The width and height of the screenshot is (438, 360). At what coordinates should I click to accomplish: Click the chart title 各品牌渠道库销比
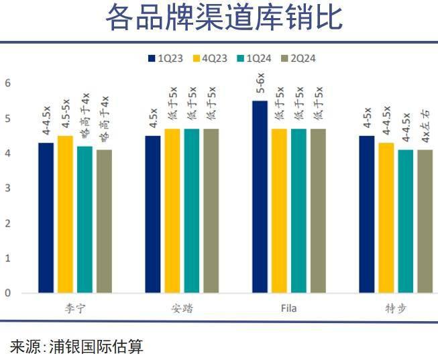(x=223, y=19)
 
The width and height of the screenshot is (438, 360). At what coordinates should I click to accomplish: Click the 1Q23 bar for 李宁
(x=46, y=218)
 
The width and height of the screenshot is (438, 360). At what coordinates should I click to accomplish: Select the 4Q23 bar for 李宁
(x=65, y=215)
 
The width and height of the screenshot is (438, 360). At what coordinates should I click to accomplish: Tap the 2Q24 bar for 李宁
(x=104, y=221)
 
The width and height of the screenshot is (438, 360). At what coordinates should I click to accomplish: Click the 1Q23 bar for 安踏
(x=153, y=215)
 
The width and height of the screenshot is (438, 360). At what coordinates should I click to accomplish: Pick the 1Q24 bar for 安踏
(x=192, y=211)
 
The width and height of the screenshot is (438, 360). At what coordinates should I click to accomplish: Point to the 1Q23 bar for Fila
(x=260, y=197)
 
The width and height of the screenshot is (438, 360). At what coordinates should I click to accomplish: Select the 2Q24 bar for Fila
(x=318, y=211)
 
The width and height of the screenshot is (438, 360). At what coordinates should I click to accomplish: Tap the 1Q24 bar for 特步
(x=405, y=221)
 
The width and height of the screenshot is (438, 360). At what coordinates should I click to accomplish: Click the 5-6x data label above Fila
(x=260, y=85)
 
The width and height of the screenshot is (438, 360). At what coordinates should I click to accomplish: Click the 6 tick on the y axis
(x=7, y=83)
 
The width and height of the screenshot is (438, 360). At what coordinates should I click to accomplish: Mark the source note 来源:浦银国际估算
(x=76, y=347)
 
